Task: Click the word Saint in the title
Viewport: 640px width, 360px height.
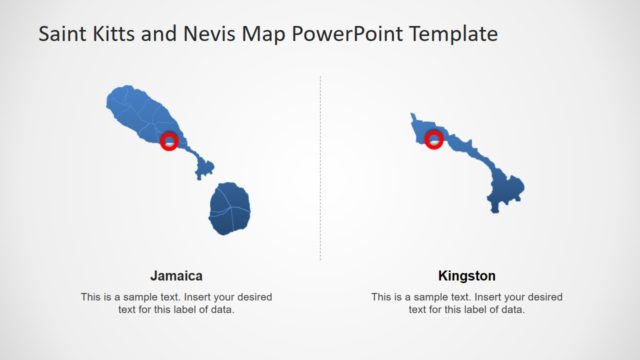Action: [62, 34]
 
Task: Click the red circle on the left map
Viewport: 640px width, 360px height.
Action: [169, 141]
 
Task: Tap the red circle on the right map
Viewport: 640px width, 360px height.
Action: [434, 139]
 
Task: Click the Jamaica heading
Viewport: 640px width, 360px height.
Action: [176, 276]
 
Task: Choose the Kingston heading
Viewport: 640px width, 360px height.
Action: [466, 276]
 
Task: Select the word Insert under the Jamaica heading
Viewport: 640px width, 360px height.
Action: [207, 297]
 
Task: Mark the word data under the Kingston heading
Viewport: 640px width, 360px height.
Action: [513, 310]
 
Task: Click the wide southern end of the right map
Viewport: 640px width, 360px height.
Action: [508, 191]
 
